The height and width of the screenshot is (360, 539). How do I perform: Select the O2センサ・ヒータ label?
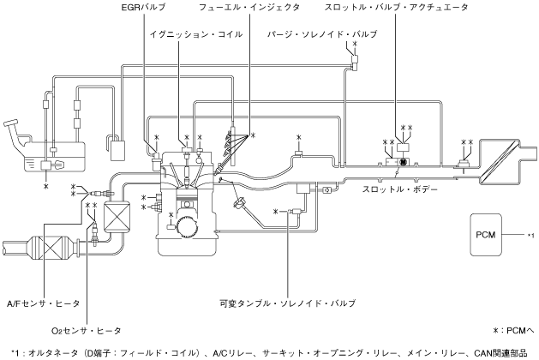86,330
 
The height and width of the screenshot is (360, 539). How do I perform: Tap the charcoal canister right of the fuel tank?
115,146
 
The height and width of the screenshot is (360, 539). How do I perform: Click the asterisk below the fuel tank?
47,184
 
